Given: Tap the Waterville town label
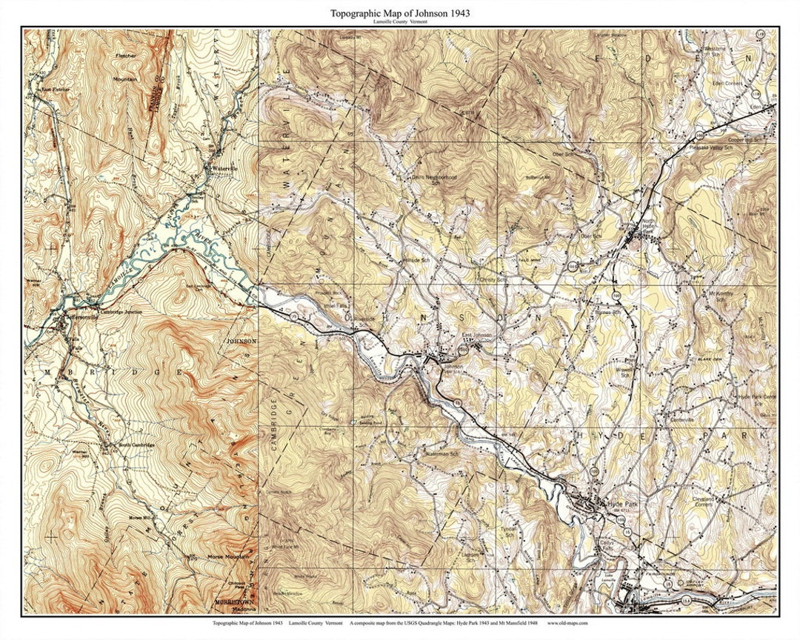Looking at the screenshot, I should point(224,169).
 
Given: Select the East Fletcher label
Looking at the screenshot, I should point(56,90).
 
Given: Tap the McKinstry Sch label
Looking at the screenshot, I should point(708,296).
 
